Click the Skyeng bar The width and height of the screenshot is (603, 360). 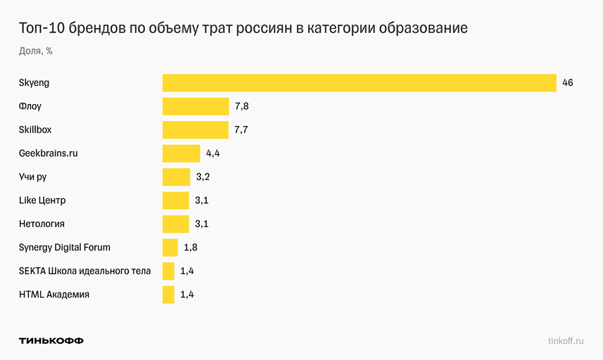(x=359, y=83)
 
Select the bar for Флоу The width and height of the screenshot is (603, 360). (x=196, y=106)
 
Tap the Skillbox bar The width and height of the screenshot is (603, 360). (x=196, y=130)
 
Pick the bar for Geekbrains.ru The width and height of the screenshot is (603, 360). (x=182, y=153)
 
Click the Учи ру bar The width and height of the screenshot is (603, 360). (x=176, y=177)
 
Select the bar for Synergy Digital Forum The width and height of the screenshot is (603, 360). (x=170, y=247)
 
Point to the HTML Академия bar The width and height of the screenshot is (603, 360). (x=168, y=295)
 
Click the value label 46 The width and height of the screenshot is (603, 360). (x=568, y=83)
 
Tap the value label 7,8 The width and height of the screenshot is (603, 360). (x=242, y=106)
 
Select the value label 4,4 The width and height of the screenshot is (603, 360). (x=213, y=153)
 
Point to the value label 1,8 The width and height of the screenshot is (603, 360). (x=190, y=247)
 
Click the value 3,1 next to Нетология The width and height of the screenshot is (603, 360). (x=202, y=224)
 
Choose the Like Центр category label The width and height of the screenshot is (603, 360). (x=42, y=200)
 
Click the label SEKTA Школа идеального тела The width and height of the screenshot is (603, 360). (x=84, y=271)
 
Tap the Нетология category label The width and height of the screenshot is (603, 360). (x=42, y=224)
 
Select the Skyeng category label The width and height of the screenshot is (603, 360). (x=34, y=83)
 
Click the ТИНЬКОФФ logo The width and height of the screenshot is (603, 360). (x=51, y=340)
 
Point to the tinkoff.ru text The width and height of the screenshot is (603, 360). (x=566, y=340)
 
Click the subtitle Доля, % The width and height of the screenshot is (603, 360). (x=36, y=51)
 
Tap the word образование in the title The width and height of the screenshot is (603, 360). (x=423, y=29)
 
